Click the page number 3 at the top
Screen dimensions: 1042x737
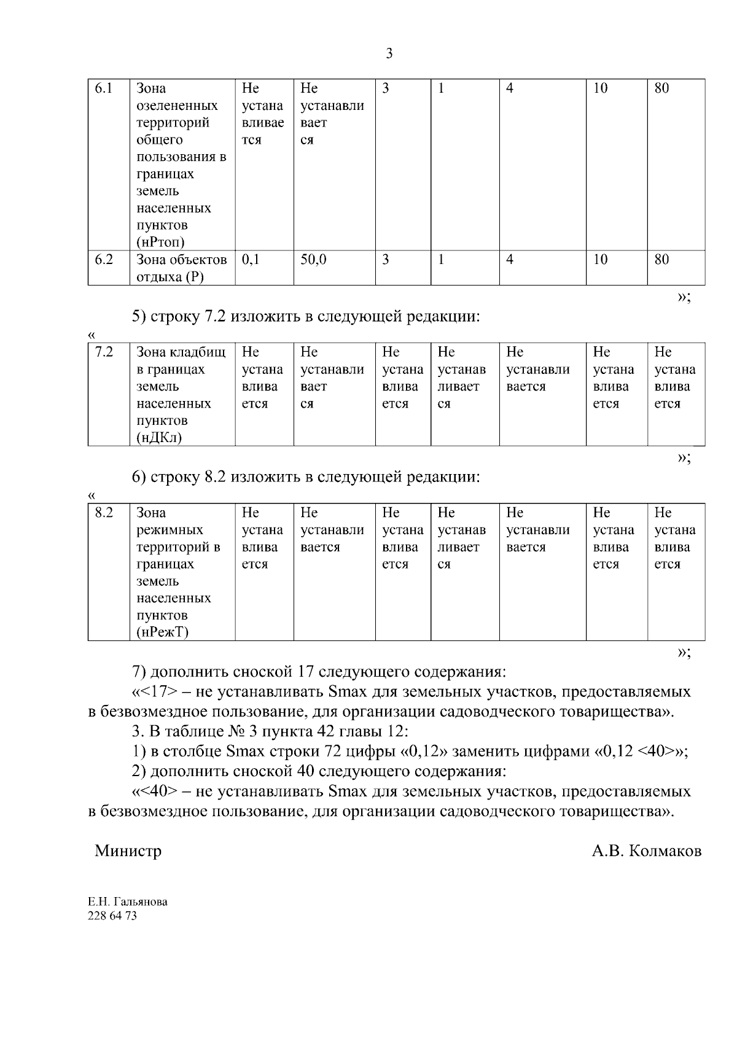click(389, 54)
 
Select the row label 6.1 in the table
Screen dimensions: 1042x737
click(104, 88)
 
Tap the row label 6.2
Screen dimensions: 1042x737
click(104, 260)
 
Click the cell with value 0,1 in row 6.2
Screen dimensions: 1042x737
click(251, 260)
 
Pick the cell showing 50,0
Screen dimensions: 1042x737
click(313, 260)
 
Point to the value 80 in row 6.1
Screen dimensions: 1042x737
click(661, 88)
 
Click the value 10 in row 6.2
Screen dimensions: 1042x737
click(600, 260)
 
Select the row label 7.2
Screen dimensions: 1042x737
click(104, 352)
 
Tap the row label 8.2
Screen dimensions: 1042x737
click(104, 513)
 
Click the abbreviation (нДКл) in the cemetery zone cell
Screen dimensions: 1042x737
click(159, 438)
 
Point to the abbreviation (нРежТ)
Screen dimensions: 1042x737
click(162, 632)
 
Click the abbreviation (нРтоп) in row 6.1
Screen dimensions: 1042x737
click(160, 243)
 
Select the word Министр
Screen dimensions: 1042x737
click(128, 851)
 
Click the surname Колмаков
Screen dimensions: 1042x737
click(666, 852)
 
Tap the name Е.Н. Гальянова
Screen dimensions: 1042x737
click(128, 902)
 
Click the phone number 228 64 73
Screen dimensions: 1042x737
click(112, 916)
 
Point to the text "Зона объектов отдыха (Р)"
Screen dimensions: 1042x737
click(181, 268)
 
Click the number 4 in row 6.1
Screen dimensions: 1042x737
click(510, 88)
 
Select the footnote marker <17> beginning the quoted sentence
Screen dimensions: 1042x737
click(159, 692)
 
